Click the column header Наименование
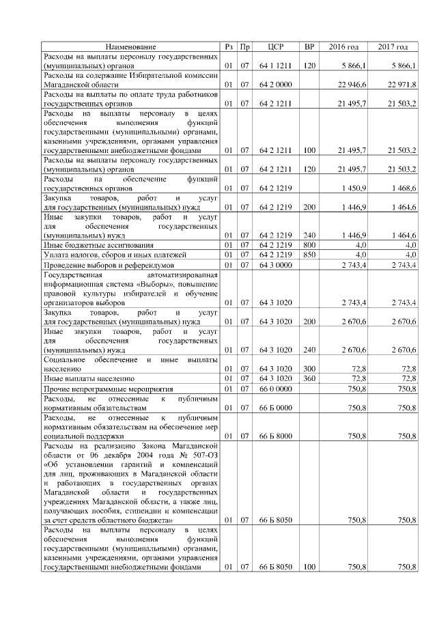(130, 46)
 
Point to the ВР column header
(309, 46)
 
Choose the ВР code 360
(309, 378)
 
